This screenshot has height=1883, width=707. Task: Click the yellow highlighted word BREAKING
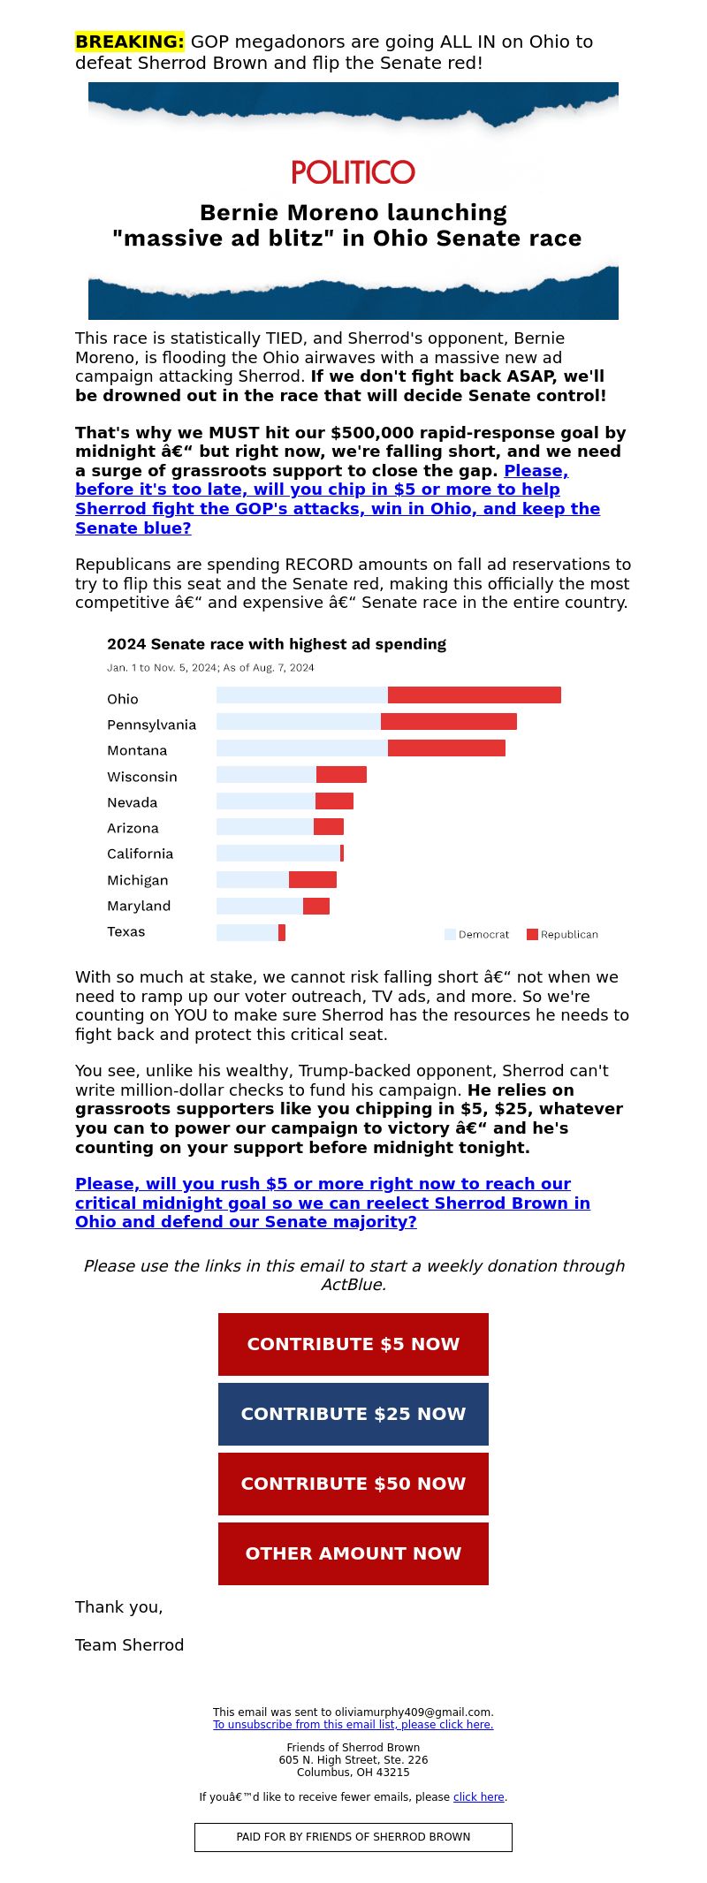[130, 42]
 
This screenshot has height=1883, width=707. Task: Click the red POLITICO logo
[353, 171]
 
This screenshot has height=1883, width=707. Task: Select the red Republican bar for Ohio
[475, 695]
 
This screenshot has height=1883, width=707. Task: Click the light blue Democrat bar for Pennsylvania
[299, 721]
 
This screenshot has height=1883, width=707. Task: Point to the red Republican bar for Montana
[446, 748]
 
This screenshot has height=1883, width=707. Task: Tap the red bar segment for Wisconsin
[341, 774]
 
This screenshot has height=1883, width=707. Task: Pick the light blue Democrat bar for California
[278, 853]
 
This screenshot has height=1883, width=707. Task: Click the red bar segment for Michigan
[313, 879]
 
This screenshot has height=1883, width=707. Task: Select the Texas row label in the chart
[126, 931]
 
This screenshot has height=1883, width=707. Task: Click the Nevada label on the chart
[133, 802]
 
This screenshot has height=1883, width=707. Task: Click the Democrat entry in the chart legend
[477, 934]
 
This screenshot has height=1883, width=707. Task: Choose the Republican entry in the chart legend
[562, 934]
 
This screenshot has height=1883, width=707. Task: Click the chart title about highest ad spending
[277, 644]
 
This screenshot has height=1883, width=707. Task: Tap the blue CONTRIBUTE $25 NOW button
[353, 1414]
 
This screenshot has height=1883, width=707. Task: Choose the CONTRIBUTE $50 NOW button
[353, 1484]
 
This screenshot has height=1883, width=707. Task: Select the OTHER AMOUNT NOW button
[353, 1553]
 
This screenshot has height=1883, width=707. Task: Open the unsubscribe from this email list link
[353, 1724]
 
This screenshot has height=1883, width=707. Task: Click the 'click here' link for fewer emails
[479, 1796]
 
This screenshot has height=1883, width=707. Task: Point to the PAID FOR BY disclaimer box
[353, 1837]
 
